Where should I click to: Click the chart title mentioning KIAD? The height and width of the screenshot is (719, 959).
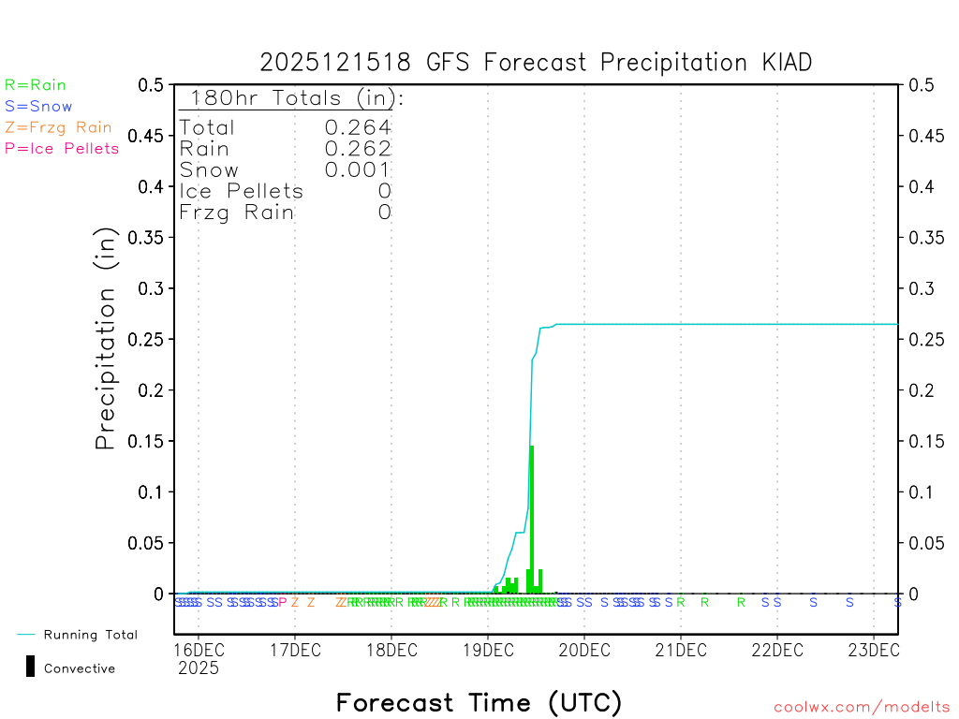tap(536, 63)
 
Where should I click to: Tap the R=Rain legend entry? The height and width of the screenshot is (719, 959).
tap(36, 85)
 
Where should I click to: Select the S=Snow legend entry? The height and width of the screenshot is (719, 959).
tap(38, 107)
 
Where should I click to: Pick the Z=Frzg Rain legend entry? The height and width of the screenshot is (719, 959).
tap(58, 127)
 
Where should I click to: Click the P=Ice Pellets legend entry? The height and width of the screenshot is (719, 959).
tap(62, 148)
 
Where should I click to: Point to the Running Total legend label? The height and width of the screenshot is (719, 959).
tap(91, 635)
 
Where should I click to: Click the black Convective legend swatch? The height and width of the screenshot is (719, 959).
tap(31, 667)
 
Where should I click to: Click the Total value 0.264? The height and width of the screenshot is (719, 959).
tap(358, 127)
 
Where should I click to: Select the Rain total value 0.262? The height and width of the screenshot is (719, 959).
tap(358, 148)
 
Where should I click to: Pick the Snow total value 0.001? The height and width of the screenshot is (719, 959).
tap(358, 169)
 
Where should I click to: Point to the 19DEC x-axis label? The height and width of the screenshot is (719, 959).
tap(488, 650)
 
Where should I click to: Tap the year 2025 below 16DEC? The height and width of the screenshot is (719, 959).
tap(199, 668)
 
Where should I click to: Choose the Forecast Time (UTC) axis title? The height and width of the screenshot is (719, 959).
tap(479, 702)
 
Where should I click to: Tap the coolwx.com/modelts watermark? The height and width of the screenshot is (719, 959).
tap(862, 708)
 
